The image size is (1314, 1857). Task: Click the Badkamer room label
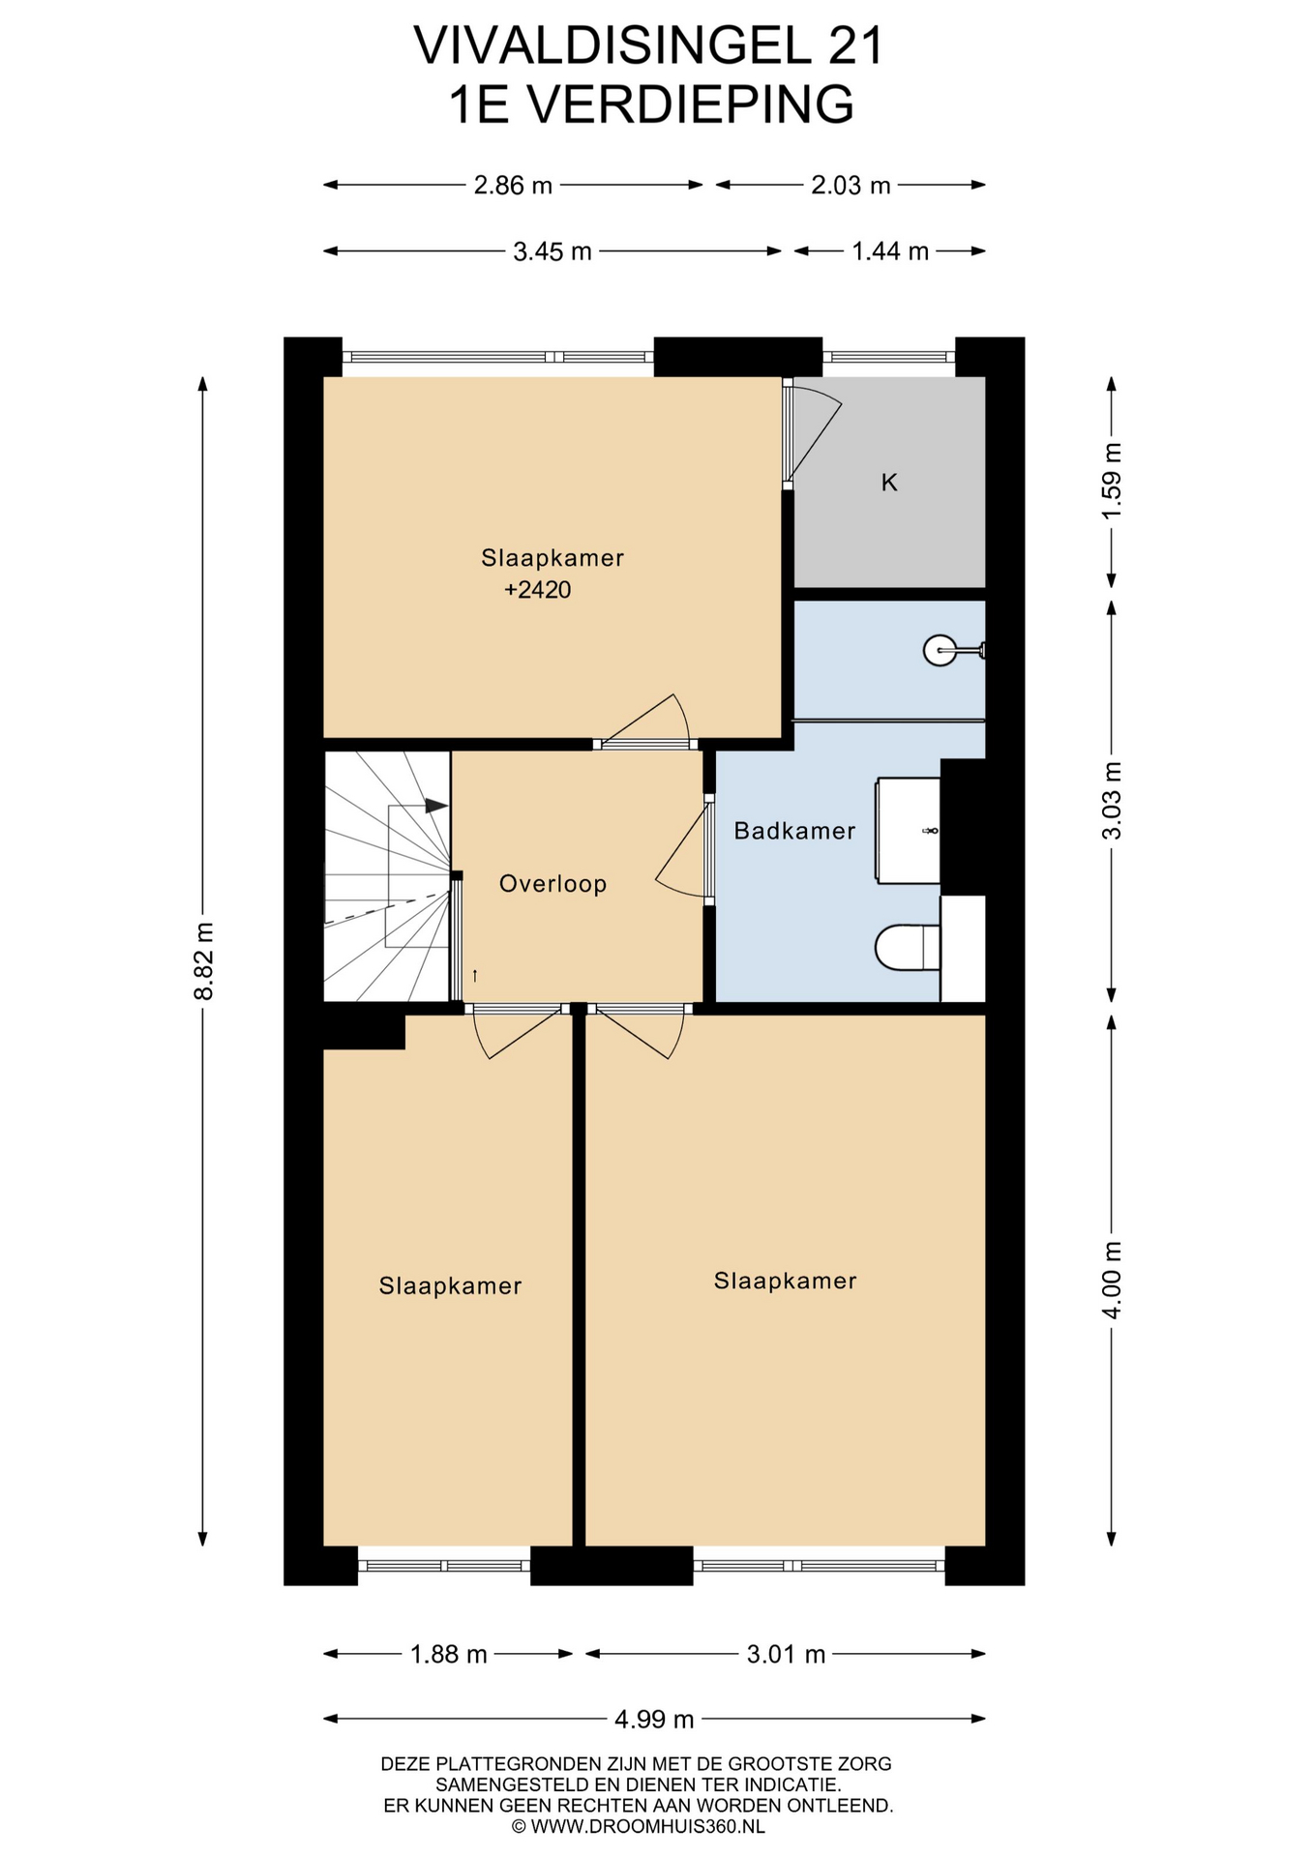[794, 831]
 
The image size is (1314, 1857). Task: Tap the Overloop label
[552, 884]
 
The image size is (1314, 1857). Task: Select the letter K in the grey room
[889, 483]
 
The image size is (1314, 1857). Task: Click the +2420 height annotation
[537, 590]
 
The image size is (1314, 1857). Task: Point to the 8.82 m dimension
[203, 961]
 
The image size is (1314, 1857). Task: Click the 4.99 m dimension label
[654, 1719]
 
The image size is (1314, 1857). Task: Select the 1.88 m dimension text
[448, 1654]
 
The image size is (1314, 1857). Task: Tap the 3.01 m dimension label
[786, 1654]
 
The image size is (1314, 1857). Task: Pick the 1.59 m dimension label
[1112, 480]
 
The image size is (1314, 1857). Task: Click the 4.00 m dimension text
[1112, 1280]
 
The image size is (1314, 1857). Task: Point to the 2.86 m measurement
[513, 185]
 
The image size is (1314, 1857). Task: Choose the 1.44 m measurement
[890, 251]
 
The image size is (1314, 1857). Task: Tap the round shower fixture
[940, 650]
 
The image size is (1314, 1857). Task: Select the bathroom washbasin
[908, 831]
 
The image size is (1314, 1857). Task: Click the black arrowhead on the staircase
[435, 805]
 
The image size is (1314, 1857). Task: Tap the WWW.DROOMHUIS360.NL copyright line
[638, 1826]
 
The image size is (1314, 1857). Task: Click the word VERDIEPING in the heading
[693, 104]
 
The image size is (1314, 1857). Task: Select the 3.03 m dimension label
[1112, 801]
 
